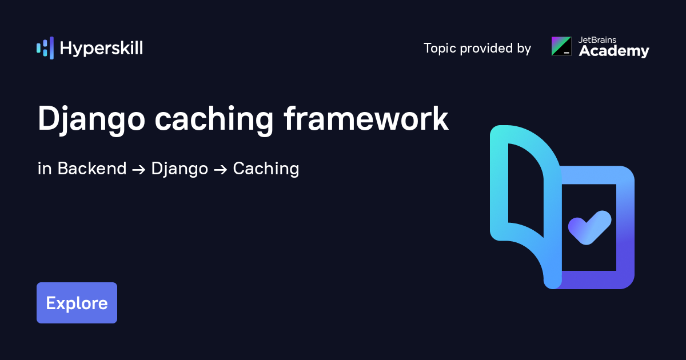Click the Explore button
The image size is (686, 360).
point(77,303)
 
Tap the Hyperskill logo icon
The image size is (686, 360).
point(45,48)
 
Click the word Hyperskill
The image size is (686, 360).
point(101,49)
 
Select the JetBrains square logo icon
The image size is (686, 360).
point(561,46)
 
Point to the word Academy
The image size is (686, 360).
point(614,51)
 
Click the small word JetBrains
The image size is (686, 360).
point(597,40)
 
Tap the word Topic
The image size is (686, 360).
point(440,49)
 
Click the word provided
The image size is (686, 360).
point(486,48)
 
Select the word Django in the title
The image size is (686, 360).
point(91,119)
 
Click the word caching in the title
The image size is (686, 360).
point(214,119)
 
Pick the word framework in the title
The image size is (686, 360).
point(366,118)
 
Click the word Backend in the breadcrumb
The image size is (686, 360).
point(92,169)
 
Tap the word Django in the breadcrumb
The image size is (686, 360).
point(180,169)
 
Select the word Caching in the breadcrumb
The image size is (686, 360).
point(266,169)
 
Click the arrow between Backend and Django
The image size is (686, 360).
point(139,170)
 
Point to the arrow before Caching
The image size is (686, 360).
point(221,170)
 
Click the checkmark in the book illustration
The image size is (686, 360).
point(589,228)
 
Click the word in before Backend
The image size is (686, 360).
point(45,169)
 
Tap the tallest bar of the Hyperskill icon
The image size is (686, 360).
point(52,48)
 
